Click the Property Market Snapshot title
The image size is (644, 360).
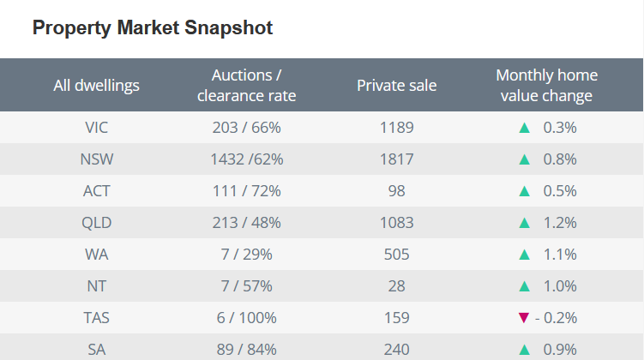point(153,27)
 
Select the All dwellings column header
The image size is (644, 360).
point(96,85)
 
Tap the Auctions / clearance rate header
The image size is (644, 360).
point(247,85)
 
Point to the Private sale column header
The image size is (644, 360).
point(396,85)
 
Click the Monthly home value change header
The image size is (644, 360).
point(546,85)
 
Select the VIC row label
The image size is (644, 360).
point(96,128)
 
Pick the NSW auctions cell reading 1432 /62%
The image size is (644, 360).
point(247,159)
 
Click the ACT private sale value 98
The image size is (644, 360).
point(396,191)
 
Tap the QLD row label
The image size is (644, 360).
point(96,223)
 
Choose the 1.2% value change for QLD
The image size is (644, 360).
point(560,223)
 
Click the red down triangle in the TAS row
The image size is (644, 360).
point(524,318)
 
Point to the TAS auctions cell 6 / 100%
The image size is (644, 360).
point(247,318)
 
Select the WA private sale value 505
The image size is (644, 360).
point(396,255)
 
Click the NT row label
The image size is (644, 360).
point(96,286)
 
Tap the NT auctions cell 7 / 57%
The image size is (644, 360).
point(247,286)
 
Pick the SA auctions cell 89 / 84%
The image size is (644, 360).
point(247,350)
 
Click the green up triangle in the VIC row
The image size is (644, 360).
point(524,128)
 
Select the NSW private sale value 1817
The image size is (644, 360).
point(396,159)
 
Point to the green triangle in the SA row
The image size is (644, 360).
point(524,350)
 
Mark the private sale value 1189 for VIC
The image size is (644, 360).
point(396,128)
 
